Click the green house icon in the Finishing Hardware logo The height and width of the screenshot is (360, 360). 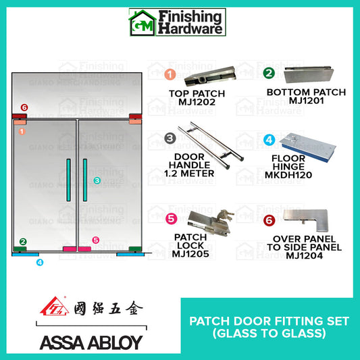142,22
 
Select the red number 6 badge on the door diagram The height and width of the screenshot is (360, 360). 24,107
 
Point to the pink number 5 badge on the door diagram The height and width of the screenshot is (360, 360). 95,240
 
